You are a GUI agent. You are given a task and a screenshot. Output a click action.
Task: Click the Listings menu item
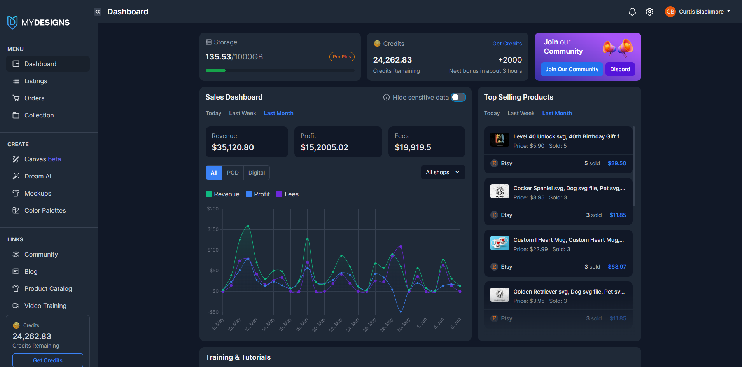[35, 81]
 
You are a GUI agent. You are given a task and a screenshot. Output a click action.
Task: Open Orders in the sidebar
[34, 98]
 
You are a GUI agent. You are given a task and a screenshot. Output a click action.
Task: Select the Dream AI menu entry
[38, 176]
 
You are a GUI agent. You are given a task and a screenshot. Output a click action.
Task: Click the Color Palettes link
[45, 210]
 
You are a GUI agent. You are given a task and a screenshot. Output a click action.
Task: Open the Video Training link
[45, 306]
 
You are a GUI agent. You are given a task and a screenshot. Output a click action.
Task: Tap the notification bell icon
[632, 12]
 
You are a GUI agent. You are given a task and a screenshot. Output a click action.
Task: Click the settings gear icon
[649, 12]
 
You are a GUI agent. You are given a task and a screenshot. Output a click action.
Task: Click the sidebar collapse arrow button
[98, 12]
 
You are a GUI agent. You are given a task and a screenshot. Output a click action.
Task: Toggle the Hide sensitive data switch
[458, 97]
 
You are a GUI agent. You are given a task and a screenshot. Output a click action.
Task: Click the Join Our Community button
[572, 69]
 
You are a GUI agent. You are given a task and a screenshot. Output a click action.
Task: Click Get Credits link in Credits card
[507, 44]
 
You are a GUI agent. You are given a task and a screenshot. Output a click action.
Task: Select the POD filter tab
[233, 173]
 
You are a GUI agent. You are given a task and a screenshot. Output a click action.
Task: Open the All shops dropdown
[443, 172]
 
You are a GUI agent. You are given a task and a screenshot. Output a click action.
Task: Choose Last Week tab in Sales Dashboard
[242, 113]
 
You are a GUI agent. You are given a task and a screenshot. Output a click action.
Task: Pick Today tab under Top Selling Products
[492, 113]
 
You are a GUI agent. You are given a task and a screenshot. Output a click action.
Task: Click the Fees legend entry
[287, 194]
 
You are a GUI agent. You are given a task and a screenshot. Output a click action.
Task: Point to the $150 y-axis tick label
[213, 229]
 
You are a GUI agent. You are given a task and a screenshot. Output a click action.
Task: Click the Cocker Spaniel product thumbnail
[499, 191]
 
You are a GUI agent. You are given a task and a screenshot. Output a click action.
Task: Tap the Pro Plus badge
[341, 57]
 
